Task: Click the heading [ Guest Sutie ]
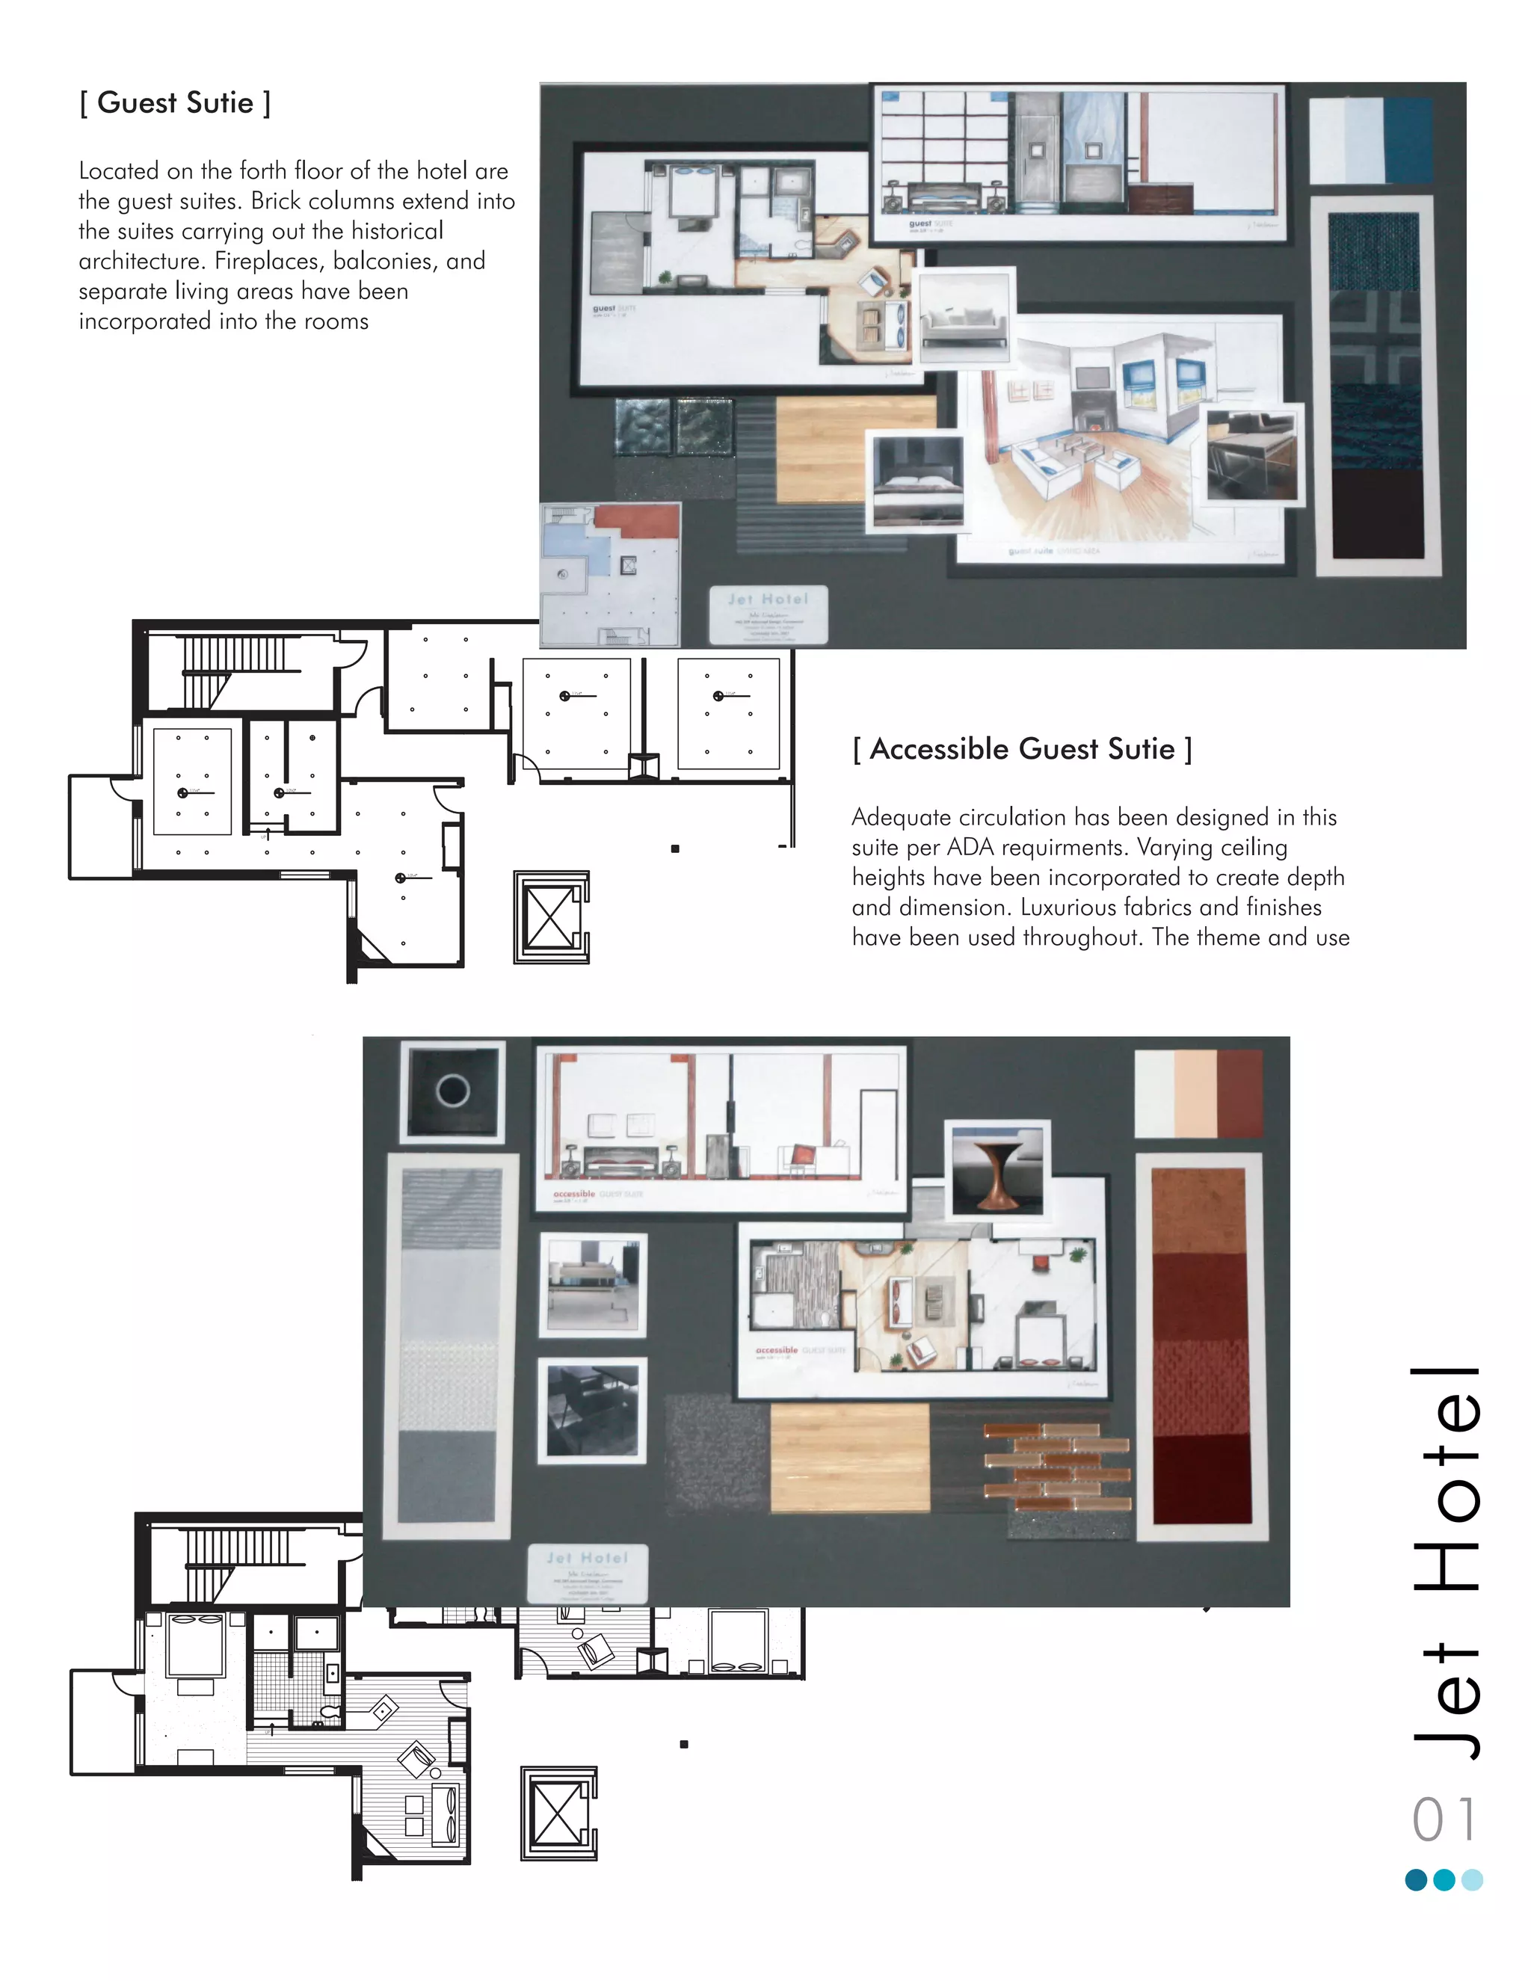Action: coord(174,102)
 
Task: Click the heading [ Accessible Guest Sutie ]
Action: coord(1021,749)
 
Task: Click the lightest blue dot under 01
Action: coord(1472,1879)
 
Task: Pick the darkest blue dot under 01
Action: coord(1416,1879)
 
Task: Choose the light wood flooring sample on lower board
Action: coord(850,1458)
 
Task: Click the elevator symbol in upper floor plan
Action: coord(550,917)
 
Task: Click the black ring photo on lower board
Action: coord(452,1090)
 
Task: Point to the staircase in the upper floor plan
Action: coord(237,672)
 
